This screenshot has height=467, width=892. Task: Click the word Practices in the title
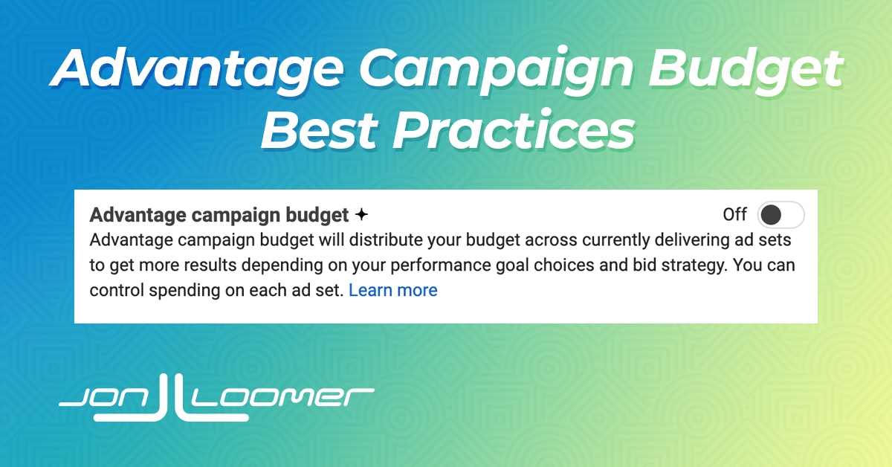click(514, 130)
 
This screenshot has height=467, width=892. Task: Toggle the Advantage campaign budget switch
click(780, 215)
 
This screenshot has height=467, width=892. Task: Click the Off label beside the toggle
click(734, 214)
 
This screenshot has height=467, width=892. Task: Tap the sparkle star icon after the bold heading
click(361, 215)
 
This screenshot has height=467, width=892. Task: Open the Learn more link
click(393, 290)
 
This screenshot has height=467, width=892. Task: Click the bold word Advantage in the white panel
click(138, 216)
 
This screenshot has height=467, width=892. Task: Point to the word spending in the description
click(184, 291)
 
